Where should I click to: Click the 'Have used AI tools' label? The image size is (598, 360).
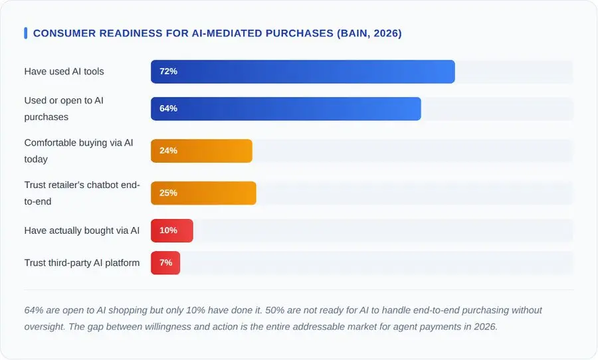64,72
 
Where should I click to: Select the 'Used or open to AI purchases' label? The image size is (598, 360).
64,109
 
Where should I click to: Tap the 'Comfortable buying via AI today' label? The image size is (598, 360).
78,151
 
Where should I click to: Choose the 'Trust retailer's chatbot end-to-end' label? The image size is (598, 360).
81,193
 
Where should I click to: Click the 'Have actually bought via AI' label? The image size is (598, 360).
82,230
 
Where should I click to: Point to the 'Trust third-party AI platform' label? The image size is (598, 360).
82,263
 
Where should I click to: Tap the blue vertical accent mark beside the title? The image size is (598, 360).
25,33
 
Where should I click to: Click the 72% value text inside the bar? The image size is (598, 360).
168,72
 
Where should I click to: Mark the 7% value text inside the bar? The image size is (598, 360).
165,263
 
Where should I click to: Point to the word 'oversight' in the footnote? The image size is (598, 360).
45,327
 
